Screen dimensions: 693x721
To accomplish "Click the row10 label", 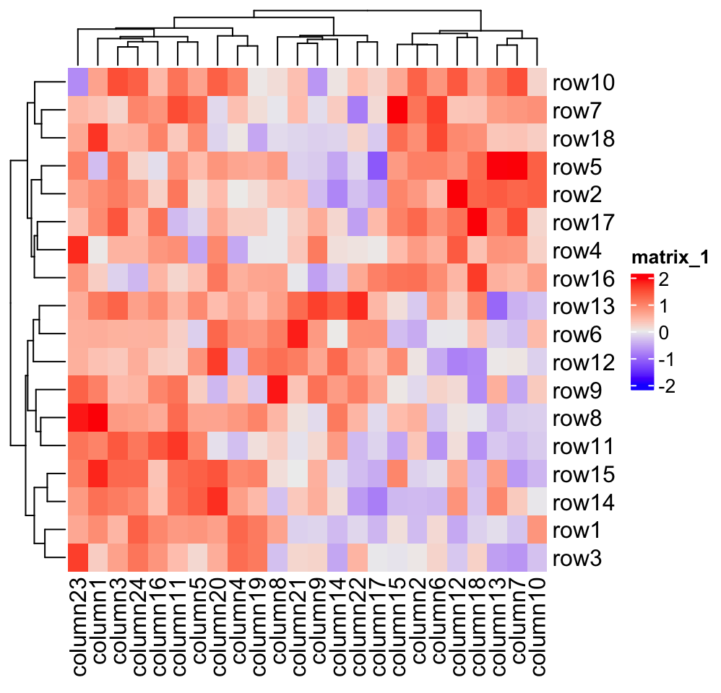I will [583, 83].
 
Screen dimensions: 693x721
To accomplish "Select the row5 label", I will [578, 167].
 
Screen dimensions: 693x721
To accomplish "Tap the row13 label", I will [583, 307].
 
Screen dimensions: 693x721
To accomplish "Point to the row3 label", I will [578, 559].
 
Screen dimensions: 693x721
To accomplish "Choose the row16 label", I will [583, 279].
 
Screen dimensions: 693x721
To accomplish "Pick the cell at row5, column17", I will [377, 167].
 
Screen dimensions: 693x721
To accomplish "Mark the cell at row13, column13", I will [496, 307].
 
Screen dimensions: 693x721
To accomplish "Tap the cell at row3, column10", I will [537, 559].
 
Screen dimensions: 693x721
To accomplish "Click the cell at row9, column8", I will [277, 391].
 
